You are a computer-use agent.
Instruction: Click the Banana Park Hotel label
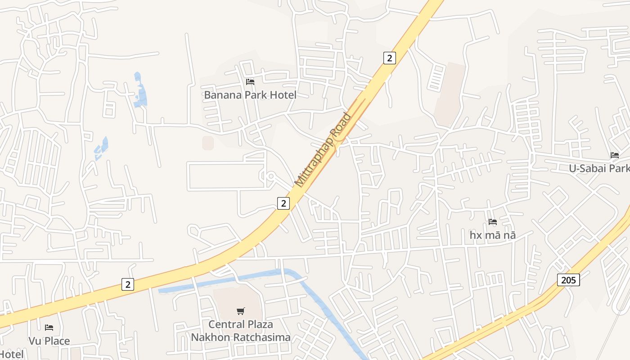coord(250,95)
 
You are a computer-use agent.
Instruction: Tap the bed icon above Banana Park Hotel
coord(250,82)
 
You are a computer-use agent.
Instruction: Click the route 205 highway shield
coord(568,280)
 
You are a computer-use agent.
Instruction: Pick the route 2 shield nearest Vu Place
coord(128,284)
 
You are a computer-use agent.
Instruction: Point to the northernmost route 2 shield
coord(389,58)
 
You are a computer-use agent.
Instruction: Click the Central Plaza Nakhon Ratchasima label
coord(241,331)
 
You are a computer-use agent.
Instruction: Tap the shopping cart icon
coord(241,311)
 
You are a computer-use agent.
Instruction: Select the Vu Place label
coord(49,341)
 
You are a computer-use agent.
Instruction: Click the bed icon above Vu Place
coord(49,328)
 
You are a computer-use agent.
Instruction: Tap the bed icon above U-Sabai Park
coord(615,155)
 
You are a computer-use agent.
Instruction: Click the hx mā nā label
coord(492,235)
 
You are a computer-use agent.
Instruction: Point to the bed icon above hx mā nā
coord(493,222)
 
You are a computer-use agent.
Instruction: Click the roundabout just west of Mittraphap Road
coord(270,176)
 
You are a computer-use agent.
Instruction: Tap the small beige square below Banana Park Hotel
coord(207,143)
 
